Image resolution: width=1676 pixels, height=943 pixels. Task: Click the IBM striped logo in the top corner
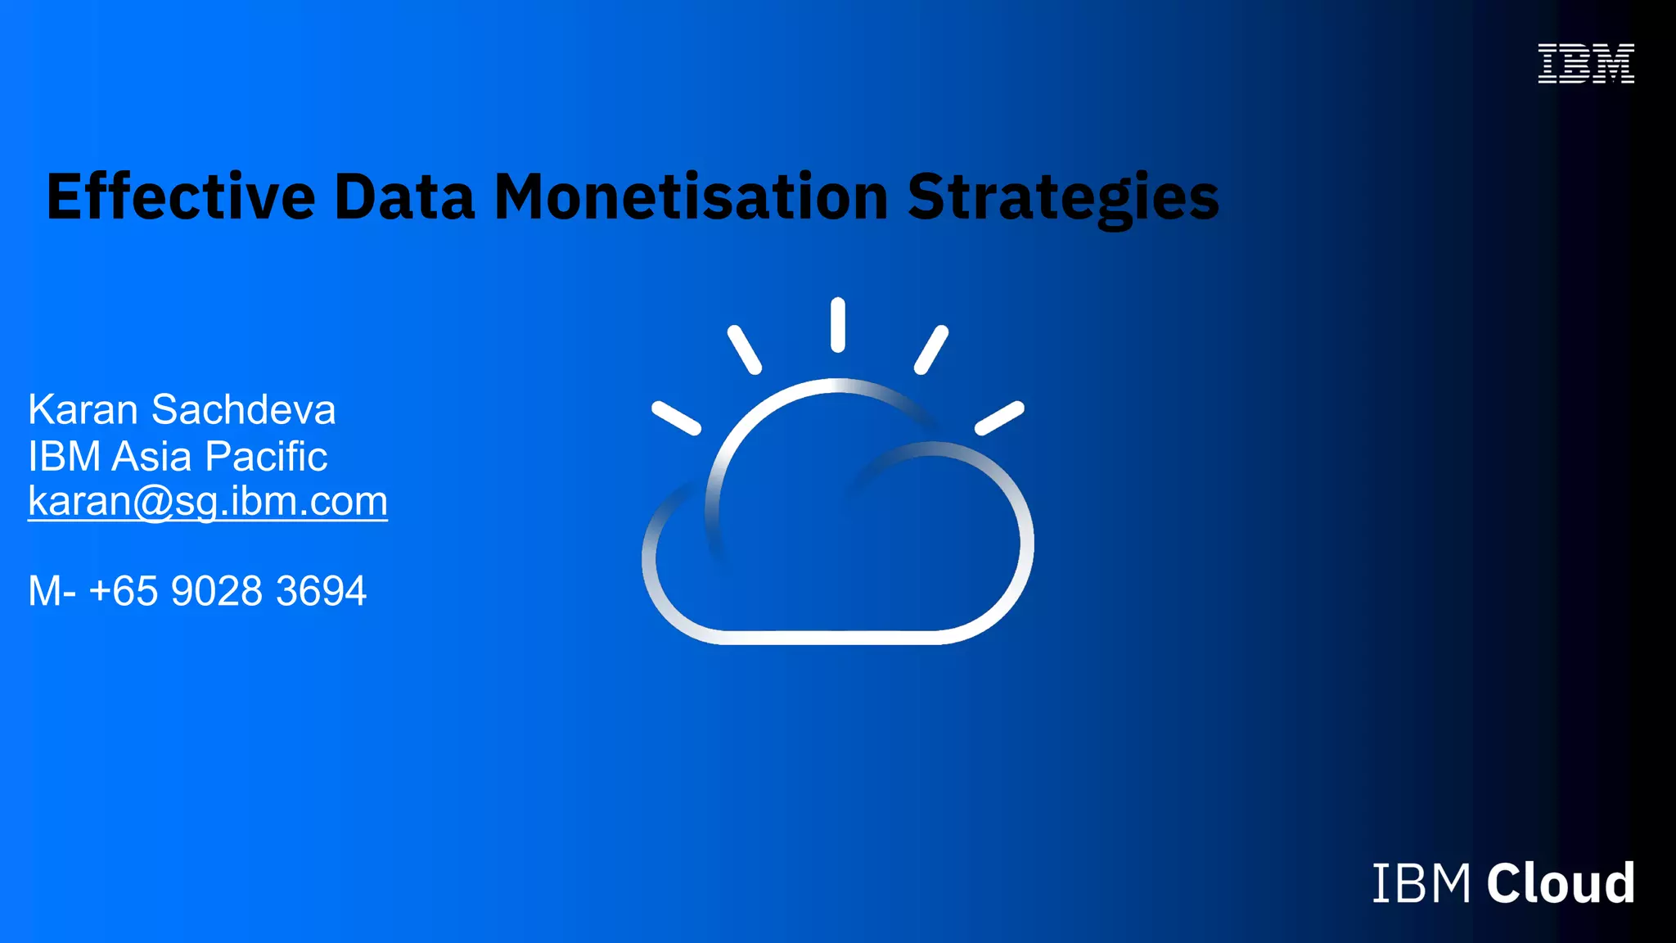(1586, 64)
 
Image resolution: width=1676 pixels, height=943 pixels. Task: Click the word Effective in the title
(181, 197)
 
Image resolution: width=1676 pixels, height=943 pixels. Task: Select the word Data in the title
(404, 197)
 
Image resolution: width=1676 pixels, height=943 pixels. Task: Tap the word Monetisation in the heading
(692, 197)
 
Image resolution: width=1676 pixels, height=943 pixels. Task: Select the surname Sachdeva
(243, 409)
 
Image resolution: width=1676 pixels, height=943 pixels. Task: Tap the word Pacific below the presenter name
(266, 456)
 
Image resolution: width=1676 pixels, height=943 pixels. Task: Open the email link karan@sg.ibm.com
(208, 501)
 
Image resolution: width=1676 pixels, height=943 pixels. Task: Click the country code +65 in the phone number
(123, 591)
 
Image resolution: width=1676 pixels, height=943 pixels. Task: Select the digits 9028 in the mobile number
(217, 591)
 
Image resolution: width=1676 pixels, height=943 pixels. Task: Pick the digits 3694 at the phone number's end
(321, 591)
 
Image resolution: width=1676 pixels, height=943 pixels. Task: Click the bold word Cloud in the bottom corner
(1561, 883)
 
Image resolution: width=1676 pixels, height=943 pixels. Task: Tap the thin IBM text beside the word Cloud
(1421, 883)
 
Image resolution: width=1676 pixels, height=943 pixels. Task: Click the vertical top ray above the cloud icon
(837, 325)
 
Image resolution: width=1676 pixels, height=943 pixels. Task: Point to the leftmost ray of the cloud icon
(676, 417)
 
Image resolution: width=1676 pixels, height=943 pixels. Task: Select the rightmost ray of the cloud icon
(999, 417)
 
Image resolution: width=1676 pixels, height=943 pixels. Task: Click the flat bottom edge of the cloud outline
(835, 638)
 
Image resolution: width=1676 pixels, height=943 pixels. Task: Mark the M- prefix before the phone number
(52, 591)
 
